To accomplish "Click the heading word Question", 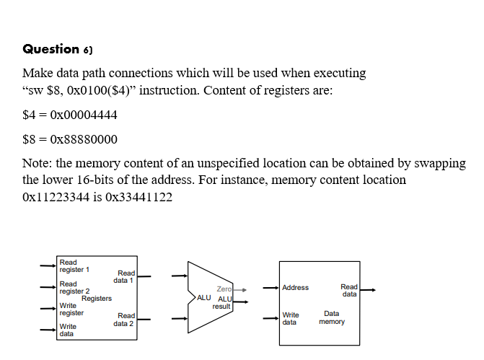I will tap(50, 49).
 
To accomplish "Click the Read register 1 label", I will tap(74, 266).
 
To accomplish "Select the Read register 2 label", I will tap(74, 288).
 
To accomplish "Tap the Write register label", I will tap(71, 309).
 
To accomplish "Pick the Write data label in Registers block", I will tap(67, 330).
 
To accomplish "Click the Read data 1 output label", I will tap(125, 276).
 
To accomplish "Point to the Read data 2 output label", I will tap(123, 320).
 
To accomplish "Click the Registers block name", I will tap(97, 299).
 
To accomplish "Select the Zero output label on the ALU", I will tap(224, 289).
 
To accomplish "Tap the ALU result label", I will tap(223, 302).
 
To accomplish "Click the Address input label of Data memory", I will tap(295, 288).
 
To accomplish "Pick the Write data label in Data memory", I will tap(291, 318).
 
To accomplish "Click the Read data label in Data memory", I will tap(349, 290).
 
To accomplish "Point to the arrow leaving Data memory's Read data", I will tap(368, 290).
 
